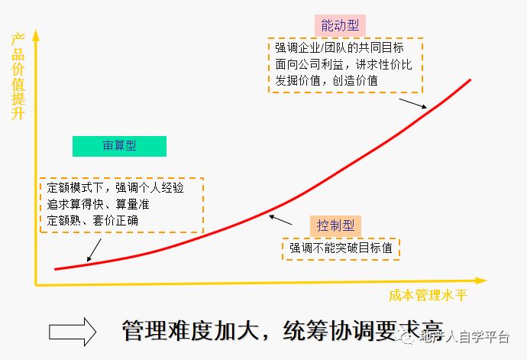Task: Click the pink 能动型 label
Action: point(335,25)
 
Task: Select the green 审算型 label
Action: point(119,146)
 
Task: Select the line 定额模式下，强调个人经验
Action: point(114,187)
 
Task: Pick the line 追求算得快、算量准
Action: point(99,204)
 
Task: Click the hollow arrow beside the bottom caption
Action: point(73,330)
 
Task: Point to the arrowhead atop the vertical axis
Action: point(34,35)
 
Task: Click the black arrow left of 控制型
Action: point(281,219)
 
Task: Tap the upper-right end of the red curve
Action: point(470,79)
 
